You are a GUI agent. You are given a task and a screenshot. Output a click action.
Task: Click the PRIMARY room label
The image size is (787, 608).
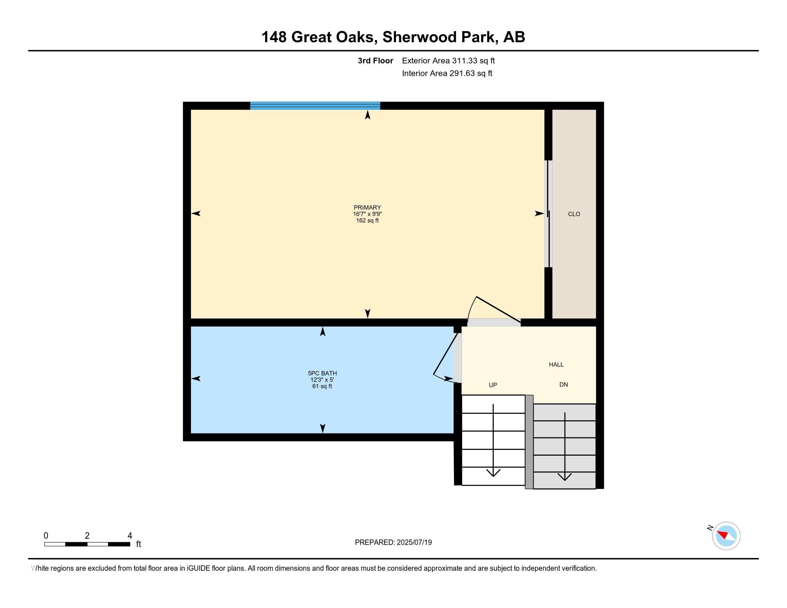[367, 207]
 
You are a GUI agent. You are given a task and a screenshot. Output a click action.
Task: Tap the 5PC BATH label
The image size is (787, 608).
[322, 373]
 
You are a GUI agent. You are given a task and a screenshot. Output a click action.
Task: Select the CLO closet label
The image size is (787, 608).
[574, 214]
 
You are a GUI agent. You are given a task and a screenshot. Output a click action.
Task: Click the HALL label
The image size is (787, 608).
[556, 364]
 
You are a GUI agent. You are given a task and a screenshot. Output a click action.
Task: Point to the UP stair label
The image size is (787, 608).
[493, 385]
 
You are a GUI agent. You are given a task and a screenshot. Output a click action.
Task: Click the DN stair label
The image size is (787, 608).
[563, 385]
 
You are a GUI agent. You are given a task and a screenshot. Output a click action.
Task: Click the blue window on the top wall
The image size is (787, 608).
[315, 106]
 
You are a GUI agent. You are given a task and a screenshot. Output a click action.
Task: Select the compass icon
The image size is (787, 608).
[726, 536]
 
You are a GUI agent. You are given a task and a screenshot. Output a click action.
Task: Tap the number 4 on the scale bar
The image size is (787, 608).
[130, 535]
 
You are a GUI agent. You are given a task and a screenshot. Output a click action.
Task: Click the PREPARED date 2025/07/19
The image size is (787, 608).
[414, 543]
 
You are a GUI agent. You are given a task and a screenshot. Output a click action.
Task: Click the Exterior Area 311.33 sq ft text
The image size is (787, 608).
[448, 61]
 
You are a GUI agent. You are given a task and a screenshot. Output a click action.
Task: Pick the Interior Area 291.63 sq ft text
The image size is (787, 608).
[447, 73]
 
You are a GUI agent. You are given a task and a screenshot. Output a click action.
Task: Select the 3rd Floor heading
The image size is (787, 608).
[375, 61]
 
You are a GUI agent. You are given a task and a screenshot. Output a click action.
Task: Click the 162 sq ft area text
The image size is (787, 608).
[367, 220]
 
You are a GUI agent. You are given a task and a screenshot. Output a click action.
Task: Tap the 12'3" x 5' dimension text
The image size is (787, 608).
[322, 380]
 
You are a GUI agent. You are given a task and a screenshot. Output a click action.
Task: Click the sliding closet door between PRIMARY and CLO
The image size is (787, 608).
[548, 214]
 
